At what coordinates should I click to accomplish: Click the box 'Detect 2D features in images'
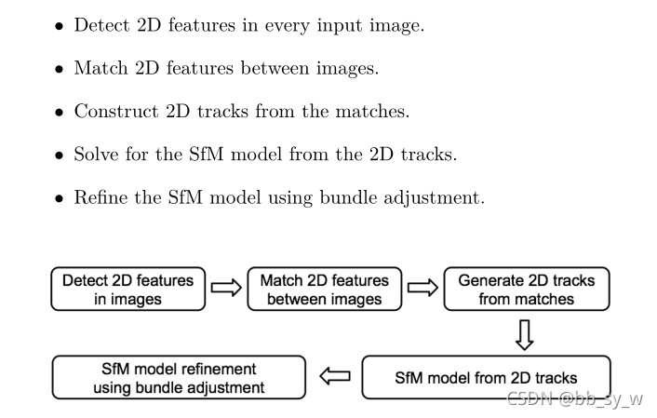[x=128, y=290]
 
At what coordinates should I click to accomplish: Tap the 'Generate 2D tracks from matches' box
[x=526, y=290]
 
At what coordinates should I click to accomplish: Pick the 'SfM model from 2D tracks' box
[x=486, y=378]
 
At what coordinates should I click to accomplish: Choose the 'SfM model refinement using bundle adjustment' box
[x=179, y=378]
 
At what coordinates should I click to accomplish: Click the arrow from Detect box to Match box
[x=225, y=290]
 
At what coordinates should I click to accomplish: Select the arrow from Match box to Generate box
[x=422, y=290]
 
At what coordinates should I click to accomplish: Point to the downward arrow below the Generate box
[x=524, y=333]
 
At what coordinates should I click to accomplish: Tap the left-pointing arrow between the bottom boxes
[x=334, y=378]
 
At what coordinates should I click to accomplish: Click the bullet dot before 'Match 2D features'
[x=59, y=69]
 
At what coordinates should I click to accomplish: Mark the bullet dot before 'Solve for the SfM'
[x=59, y=155]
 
